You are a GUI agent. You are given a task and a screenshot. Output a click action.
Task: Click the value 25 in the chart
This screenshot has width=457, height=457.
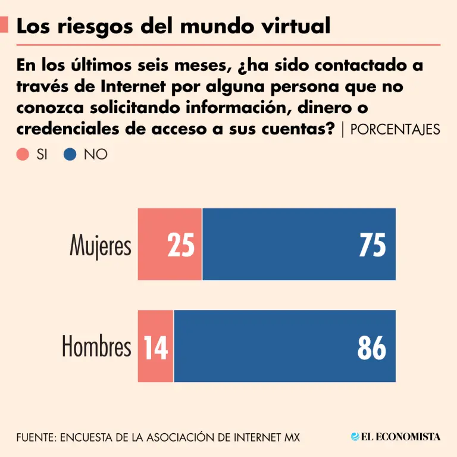coord(181,245)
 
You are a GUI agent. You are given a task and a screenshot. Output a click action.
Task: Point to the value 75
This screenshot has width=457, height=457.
coord(373,245)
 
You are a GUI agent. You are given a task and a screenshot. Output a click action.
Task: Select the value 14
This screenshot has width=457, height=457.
coord(156,347)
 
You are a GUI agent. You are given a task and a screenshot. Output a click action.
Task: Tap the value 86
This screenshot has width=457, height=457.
coord(372,347)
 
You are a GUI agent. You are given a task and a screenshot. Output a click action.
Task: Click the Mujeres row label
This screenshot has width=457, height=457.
coord(101,245)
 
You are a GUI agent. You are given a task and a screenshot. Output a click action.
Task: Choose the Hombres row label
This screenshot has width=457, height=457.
coord(96,347)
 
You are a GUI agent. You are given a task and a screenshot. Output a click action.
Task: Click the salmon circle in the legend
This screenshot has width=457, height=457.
coord(23,155)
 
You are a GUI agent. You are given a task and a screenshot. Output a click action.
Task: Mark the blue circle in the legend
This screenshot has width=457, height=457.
coord(70,155)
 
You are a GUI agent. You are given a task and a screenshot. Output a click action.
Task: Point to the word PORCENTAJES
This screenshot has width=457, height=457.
coord(396,130)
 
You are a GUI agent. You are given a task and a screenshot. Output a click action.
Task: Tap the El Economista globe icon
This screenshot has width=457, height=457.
coord(355,437)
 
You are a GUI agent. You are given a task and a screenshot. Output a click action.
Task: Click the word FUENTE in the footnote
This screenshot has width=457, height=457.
coord(35,437)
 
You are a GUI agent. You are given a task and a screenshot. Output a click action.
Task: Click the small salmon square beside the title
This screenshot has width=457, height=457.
coord(4,24)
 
